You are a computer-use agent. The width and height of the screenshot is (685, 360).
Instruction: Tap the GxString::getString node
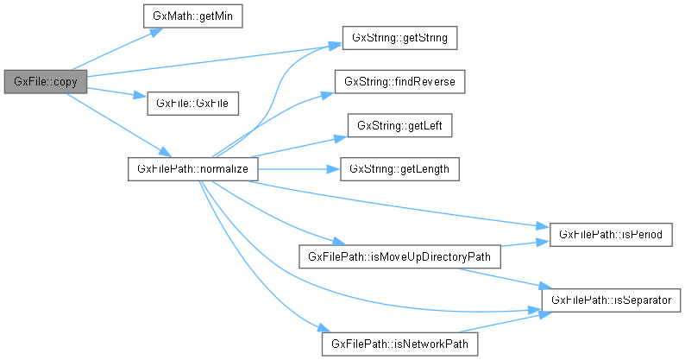(x=399, y=39)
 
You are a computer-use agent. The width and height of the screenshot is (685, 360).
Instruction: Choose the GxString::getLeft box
(x=399, y=125)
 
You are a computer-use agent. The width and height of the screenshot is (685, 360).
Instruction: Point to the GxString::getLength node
(x=399, y=168)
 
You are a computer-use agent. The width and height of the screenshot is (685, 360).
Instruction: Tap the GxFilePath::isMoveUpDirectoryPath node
(x=399, y=256)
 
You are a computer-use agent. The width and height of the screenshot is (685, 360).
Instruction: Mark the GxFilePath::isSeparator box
(x=612, y=300)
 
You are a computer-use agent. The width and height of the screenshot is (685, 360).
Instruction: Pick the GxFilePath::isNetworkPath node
(x=399, y=343)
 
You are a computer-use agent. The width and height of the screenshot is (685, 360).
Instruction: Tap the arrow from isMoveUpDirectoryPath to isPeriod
(x=521, y=243)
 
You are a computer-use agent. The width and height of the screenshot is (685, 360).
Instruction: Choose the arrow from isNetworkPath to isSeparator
(x=509, y=320)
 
